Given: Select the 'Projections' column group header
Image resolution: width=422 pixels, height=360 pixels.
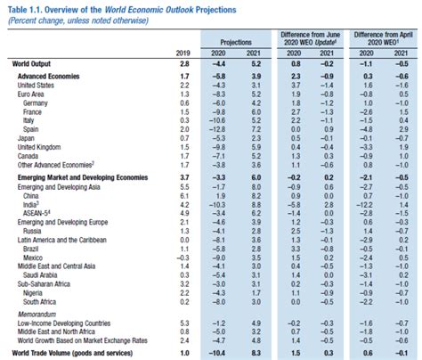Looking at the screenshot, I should pos(230,41).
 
